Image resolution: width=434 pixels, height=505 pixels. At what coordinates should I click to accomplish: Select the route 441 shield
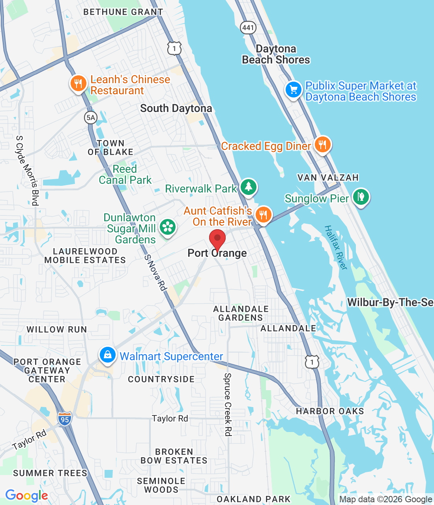click(x=248, y=27)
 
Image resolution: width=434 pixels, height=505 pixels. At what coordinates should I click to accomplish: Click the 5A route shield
click(x=91, y=117)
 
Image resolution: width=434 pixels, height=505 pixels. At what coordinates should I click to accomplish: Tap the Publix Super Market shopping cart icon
click(x=294, y=90)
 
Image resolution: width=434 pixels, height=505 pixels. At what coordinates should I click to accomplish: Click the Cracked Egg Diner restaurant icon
click(x=323, y=145)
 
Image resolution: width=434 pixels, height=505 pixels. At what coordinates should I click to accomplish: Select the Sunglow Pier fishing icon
click(x=361, y=197)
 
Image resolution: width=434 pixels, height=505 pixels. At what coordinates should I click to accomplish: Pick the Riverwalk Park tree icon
click(x=248, y=187)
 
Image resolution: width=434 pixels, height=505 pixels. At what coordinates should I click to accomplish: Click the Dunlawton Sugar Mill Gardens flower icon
click(x=168, y=227)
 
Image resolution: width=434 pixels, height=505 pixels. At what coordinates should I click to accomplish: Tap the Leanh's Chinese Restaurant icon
click(x=79, y=84)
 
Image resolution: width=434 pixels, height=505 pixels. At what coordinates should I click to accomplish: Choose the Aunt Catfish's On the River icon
click(x=263, y=215)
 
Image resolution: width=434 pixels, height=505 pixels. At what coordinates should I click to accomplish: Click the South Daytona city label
click(x=176, y=108)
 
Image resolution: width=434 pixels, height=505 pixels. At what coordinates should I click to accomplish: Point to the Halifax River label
click(x=336, y=247)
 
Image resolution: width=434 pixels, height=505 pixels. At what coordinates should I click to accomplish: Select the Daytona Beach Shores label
click(x=276, y=54)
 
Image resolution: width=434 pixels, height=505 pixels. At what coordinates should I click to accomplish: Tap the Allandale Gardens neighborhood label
click(x=241, y=313)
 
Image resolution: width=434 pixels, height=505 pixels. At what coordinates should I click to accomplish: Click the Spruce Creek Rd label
click(x=228, y=404)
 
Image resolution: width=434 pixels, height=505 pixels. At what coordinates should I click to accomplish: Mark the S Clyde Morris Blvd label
click(x=27, y=170)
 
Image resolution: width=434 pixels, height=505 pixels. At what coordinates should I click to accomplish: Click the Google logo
click(x=26, y=496)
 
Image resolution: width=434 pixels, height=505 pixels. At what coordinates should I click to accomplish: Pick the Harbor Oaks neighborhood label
click(x=330, y=411)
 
